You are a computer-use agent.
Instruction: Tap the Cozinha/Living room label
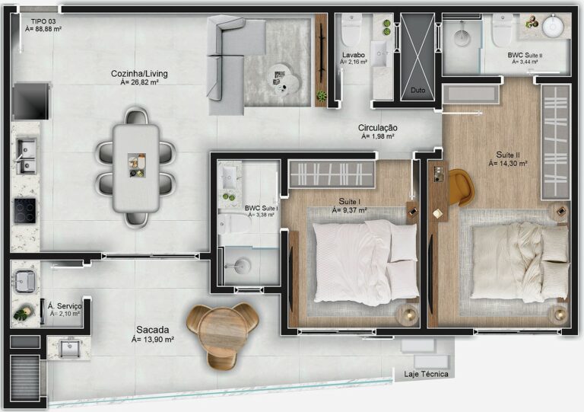pyautogui.click(x=139, y=74)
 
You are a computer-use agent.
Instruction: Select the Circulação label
pyautogui.click(x=379, y=127)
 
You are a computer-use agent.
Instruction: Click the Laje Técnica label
pyautogui.click(x=426, y=374)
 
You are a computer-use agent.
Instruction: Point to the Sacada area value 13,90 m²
pyautogui.click(x=153, y=340)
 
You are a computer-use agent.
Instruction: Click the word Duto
pyautogui.click(x=417, y=90)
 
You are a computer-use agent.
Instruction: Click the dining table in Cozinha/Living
pyautogui.click(x=136, y=167)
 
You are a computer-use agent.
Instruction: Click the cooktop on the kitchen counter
pyautogui.click(x=25, y=209)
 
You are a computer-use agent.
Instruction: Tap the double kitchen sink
pyautogui.click(x=25, y=155)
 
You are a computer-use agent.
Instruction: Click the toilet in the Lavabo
pyautogui.click(x=351, y=30)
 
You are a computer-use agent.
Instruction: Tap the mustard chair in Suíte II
pyautogui.click(x=459, y=187)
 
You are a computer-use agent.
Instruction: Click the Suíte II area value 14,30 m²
pyautogui.click(x=507, y=163)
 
